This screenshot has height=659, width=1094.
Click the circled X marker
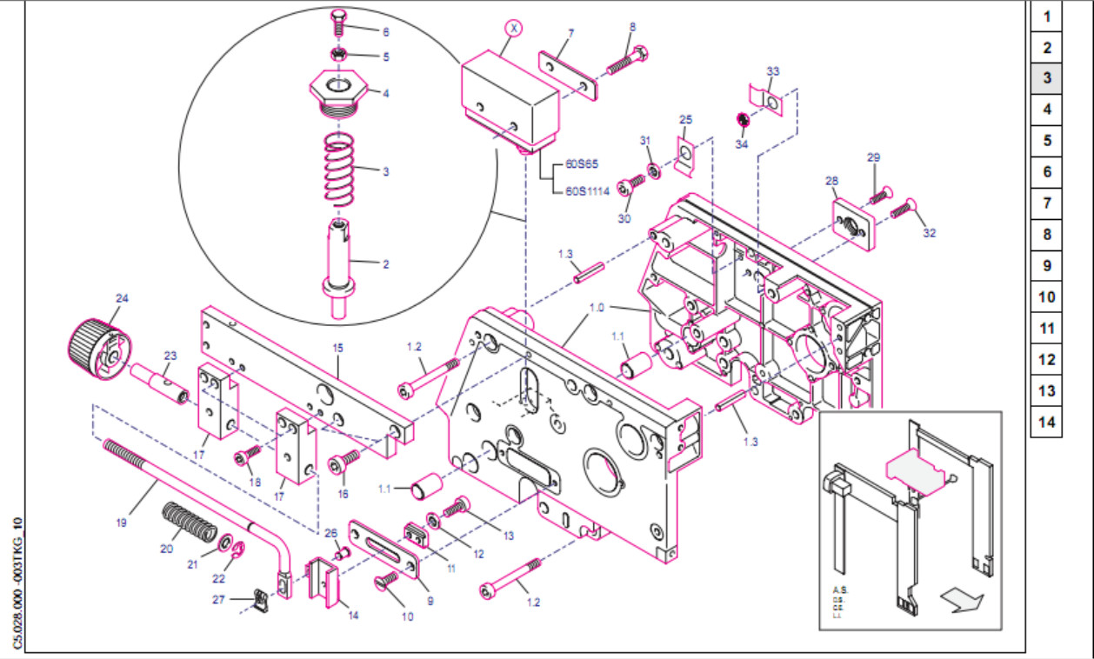click(x=514, y=29)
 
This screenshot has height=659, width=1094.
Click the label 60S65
click(x=584, y=163)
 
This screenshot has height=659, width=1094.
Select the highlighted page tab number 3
click(x=1047, y=78)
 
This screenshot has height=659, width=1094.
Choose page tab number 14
click(x=1047, y=423)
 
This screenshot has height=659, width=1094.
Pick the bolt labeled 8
click(x=626, y=61)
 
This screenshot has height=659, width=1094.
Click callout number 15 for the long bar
click(x=337, y=348)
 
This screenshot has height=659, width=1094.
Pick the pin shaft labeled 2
click(x=340, y=261)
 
